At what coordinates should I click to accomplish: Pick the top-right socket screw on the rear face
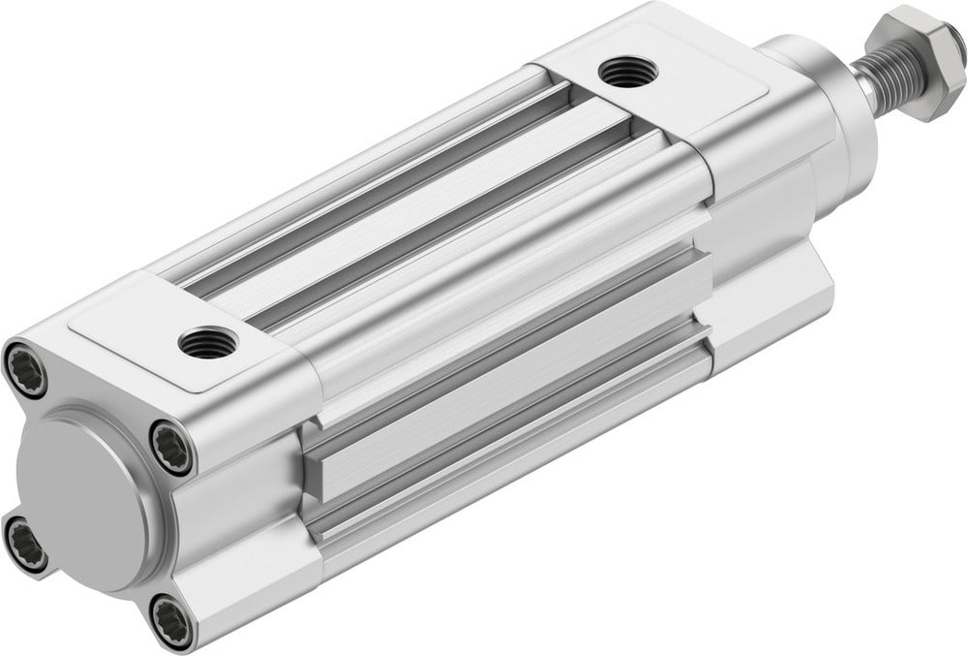click(171, 451)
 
